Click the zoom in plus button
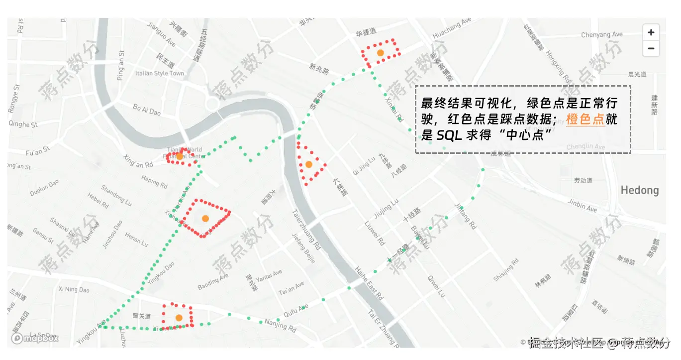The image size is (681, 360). point(651,32)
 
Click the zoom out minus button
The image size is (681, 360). point(651,49)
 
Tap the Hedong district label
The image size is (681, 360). point(639,190)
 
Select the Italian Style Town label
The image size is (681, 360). point(159,73)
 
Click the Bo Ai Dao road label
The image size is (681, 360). point(147,109)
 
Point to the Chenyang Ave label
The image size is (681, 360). point(602,35)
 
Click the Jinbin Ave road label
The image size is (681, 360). point(582,206)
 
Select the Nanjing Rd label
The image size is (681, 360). point(280,325)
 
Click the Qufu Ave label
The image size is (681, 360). point(296,310)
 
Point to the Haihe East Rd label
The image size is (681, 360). point(369,283)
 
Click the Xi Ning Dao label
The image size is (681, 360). point(74,289)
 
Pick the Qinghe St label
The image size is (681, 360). point(23,124)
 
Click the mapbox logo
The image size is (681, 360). point(35,338)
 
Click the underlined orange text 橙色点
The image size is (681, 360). point(585,120)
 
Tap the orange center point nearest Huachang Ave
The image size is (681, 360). point(380,53)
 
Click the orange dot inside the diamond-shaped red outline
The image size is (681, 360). point(205,218)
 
